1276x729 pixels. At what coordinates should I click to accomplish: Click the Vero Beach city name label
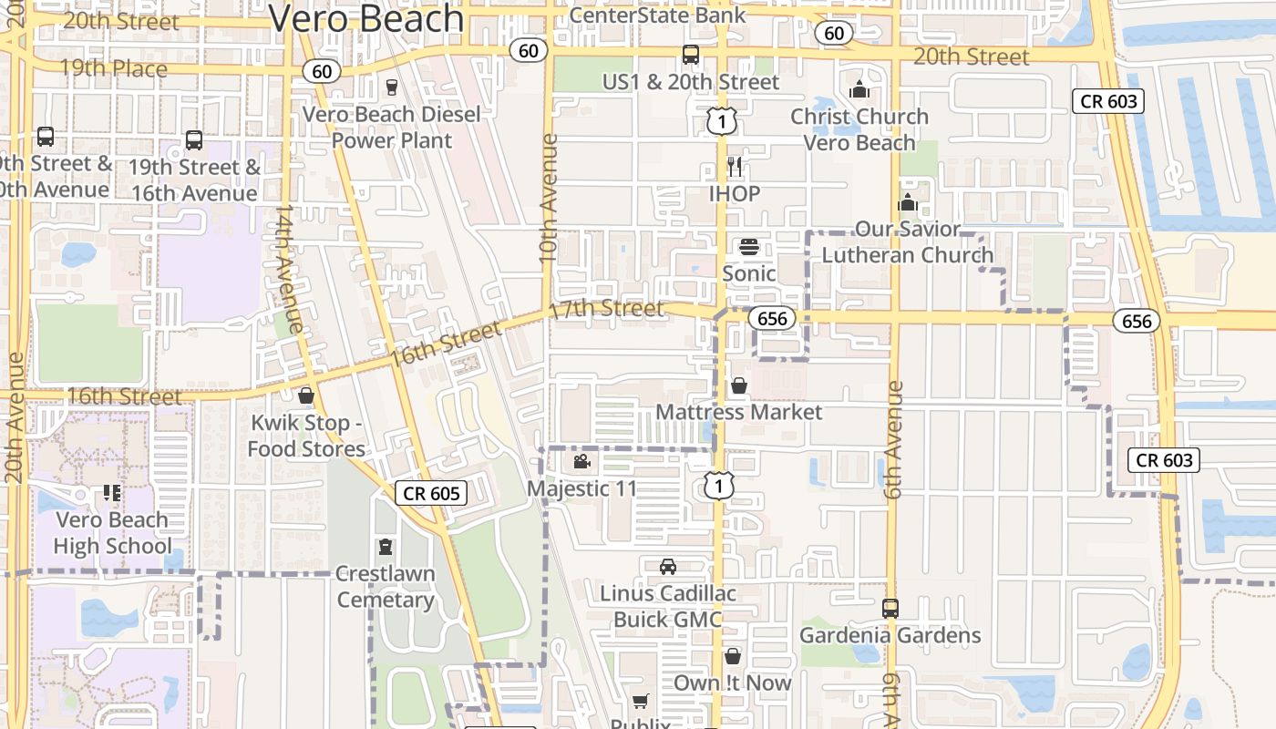click(366, 18)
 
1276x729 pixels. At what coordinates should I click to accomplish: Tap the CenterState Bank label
click(657, 15)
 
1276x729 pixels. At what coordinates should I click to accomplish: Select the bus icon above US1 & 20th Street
click(691, 55)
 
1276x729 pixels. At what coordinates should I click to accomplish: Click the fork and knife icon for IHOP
click(735, 167)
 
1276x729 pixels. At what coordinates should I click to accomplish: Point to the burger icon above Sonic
click(749, 246)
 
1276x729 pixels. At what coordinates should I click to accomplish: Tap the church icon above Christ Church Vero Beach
click(859, 89)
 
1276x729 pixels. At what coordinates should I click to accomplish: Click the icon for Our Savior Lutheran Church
click(908, 202)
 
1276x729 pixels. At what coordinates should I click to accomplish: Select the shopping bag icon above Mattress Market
click(739, 385)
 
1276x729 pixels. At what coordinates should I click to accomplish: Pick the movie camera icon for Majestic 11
click(581, 461)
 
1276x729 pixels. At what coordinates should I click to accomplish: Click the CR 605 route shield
click(432, 493)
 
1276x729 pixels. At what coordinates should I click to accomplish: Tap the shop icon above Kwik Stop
click(306, 395)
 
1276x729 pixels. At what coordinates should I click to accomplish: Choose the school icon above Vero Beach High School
click(112, 493)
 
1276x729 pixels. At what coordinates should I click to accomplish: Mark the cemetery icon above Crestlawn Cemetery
click(386, 547)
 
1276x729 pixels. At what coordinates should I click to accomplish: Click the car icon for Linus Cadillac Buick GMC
click(668, 566)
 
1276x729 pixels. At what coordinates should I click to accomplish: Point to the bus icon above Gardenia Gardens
click(890, 608)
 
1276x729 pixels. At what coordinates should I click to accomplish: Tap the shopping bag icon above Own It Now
click(733, 656)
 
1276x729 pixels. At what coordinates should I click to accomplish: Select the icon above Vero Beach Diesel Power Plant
click(392, 87)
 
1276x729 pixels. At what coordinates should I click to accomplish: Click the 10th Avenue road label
click(548, 199)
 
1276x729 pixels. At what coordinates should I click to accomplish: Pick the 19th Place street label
click(114, 68)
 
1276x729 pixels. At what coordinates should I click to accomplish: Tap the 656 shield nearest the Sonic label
click(772, 318)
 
